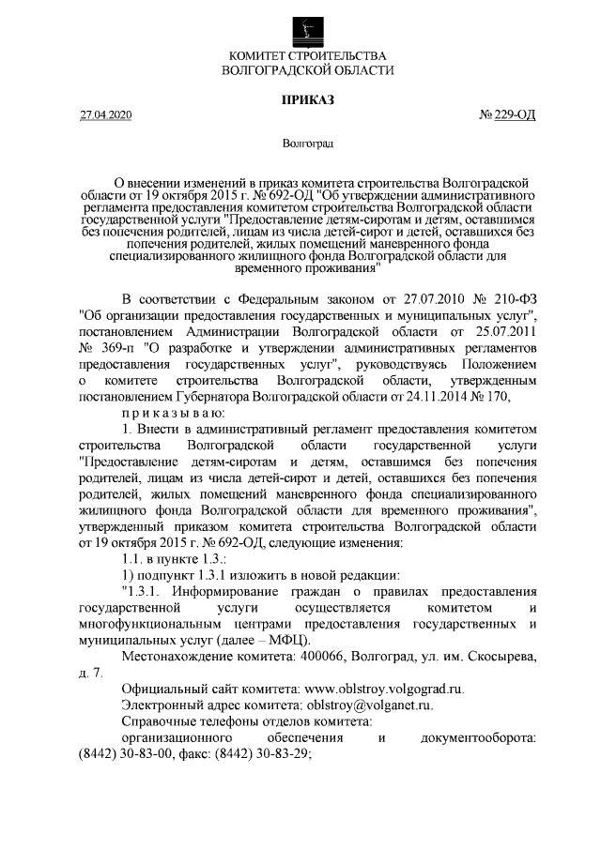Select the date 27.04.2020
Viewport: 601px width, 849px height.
(106, 115)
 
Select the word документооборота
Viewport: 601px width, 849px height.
(478, 737)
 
